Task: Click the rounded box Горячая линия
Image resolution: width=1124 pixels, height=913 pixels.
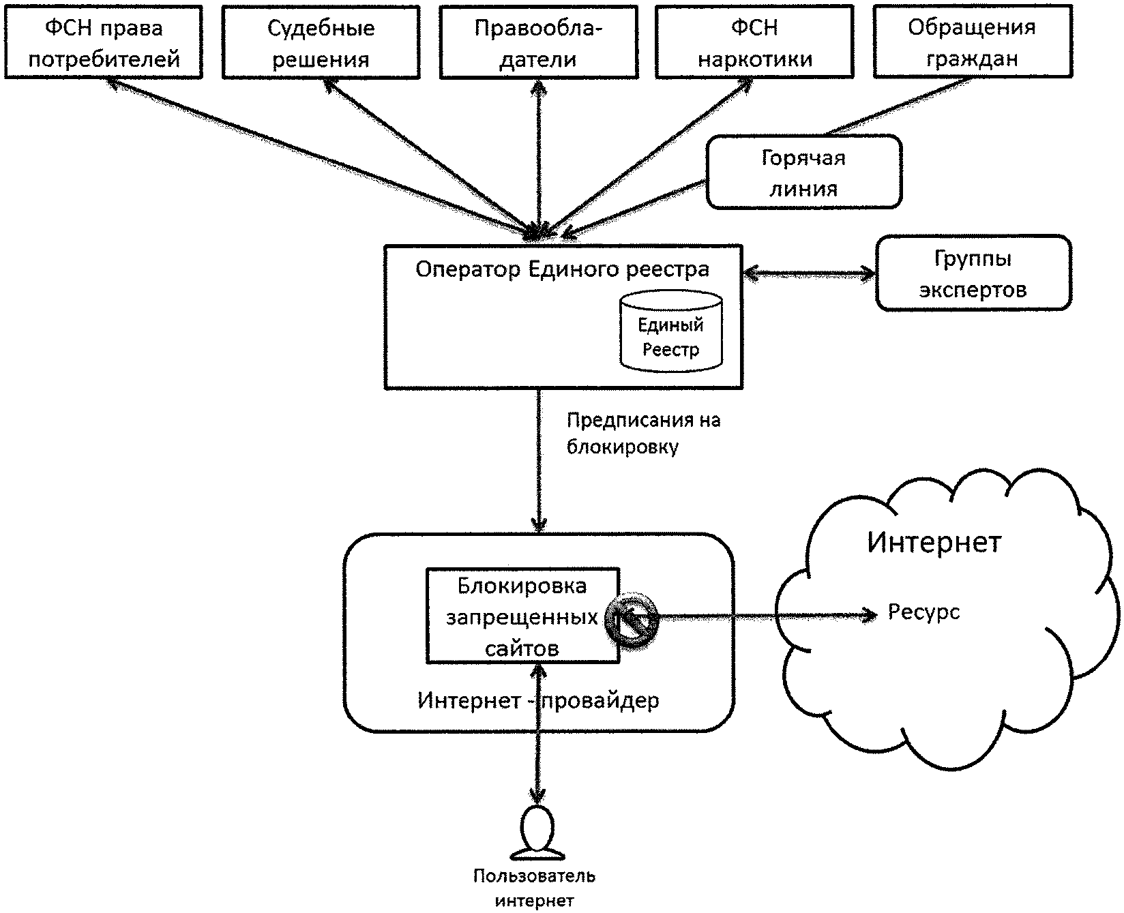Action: coord(803,172)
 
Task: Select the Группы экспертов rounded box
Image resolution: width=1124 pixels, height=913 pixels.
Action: coord(973,273)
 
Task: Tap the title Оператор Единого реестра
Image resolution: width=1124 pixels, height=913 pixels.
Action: coord(563,270)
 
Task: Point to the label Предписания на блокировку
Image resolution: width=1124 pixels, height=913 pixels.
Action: coord(642,434)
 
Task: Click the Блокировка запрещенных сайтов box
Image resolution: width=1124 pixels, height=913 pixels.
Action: coord(522,616)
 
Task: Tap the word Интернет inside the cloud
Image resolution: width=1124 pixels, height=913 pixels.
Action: coord(934,543)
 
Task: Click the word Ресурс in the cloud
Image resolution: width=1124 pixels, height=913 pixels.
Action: coord(923,612)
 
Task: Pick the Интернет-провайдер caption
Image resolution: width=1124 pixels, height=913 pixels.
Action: coord(538,700)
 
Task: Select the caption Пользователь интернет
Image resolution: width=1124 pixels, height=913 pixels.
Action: coord(535,888)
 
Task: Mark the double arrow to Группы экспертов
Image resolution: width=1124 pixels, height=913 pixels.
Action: coord(810,274)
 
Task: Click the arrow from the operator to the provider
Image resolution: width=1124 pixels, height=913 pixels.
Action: coord(539,464)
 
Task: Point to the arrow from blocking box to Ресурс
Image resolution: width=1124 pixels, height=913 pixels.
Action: coord(764,616)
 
